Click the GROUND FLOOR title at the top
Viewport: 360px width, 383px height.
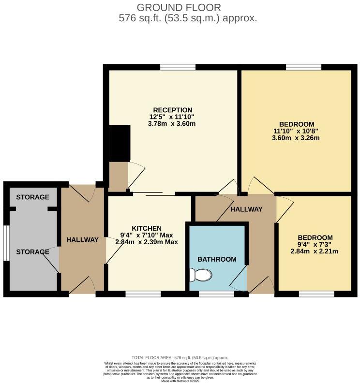[x=179, y=7]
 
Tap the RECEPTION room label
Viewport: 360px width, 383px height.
[x=173, y=110]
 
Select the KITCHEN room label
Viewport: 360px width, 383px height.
[x=147, y=228]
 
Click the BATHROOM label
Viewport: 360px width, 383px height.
[x=216, y=259]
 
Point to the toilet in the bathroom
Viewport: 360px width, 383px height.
[x=201, y=275]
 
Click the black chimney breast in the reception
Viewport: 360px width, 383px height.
[x=120, y=143]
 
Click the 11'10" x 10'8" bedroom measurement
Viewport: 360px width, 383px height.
[x=296, y=131]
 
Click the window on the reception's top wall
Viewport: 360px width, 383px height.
[x=178, y=67]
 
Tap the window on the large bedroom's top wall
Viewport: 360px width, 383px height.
[x=303, y=67]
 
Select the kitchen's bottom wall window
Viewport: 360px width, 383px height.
[x=143, y=294]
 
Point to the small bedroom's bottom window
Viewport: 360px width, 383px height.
[x=316, y=294]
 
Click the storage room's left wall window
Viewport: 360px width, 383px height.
[x=6, y=244]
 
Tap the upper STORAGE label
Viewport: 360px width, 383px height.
[x=32, y=197]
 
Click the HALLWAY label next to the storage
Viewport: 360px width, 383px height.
[x=82, y=240]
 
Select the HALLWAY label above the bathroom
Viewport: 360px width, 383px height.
[x=246, y=209]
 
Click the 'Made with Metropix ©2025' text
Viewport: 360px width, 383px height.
[x=180, y=380]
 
